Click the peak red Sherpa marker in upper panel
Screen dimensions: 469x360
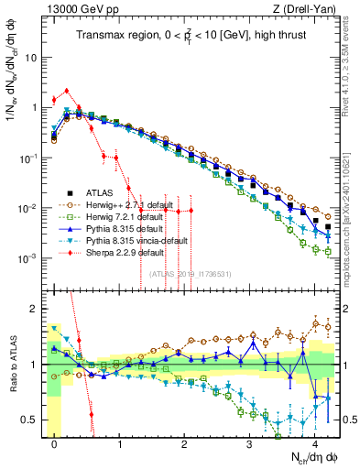[x=66, y=91]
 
